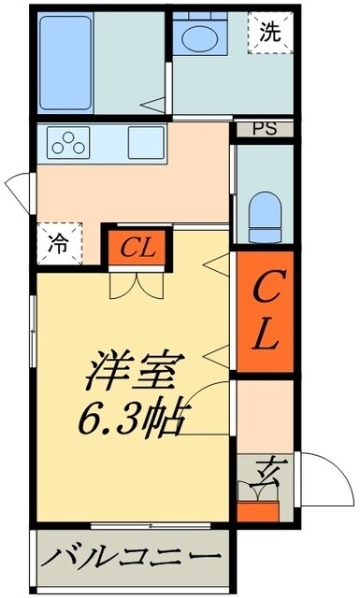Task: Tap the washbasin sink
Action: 197,38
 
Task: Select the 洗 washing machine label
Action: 269,32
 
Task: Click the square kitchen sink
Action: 146,142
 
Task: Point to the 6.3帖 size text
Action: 133,417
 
